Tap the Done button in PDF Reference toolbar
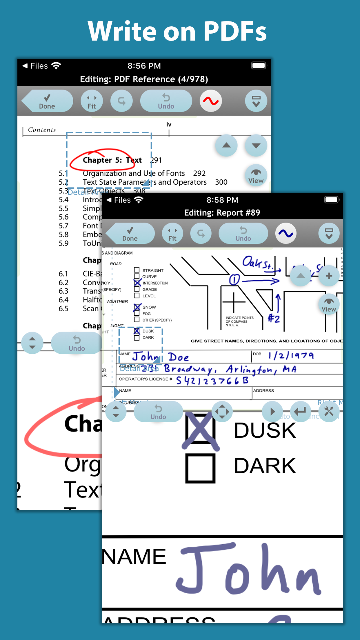pyautogui.click(x=47, y=101)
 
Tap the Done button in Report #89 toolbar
pyautogui.click(x=130, y=234)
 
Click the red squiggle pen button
pyautogui.click(x=211, y=101)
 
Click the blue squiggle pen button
pyautogui.click(x=286, y=233)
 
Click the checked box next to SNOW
pyautogui.click(x=137, y=307)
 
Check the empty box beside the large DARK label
pyautogui.click(x=200, y=468)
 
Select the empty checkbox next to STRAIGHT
pyautogui.click(x=137, y=270)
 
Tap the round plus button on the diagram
pyautogui.click(x=329, y=276)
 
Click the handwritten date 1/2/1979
pyautogui.click(x=291, y=356)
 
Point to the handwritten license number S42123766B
pyautogui.click(x=212, y=380)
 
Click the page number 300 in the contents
pyautogui.click(x=221, y=182)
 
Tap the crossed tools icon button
pyautogui.click(x=329, y=411)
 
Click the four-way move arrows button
pyautogui.click(x=222, y=412)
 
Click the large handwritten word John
pyautogui.click(x=249, y=570)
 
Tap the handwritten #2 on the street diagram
pyautogui.click(x=274, y=319)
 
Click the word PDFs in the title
pyautogui.click(x=235, y=31)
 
